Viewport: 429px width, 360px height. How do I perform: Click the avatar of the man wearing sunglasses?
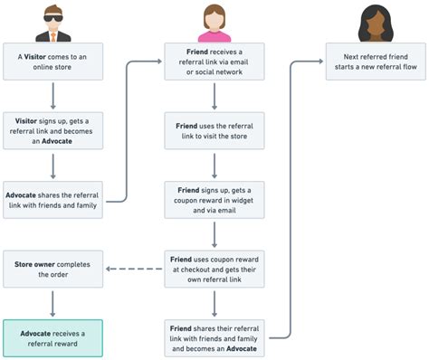click(x=53, y=22)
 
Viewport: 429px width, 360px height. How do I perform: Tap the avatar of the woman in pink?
click(x=214, y=22)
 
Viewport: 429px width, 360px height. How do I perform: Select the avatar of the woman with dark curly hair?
click(x=374, y=22)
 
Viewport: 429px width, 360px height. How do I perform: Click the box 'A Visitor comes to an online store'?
click(x=53, y=62)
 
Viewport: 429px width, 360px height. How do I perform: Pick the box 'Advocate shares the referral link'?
click(x=53, y=200)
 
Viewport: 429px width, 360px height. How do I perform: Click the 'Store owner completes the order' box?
click(x=53, y=270)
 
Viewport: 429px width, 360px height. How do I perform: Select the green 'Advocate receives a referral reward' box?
click(x=53, y=338)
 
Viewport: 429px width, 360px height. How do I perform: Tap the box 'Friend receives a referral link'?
click(x=214, y=62)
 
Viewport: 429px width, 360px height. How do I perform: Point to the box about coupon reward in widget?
click(x=214, y=200)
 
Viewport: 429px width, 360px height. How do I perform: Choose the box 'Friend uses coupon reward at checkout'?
click(x=214, y=270)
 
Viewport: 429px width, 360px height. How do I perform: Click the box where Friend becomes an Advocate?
click(x=214, y=338)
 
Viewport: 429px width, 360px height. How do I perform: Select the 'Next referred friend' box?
click(x=374, y=62)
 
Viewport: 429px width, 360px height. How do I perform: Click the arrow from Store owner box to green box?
click(x=53, y=304)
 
